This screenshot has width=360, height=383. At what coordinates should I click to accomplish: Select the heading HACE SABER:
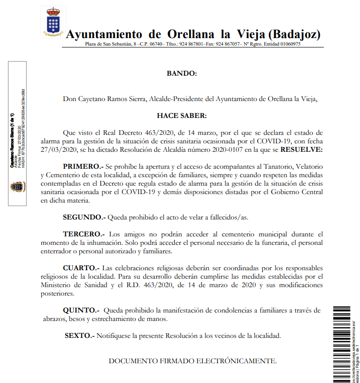pos(182,115)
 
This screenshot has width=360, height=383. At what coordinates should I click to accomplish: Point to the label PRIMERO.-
pos(83,166)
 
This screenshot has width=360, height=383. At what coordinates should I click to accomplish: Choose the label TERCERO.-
pos(84,234)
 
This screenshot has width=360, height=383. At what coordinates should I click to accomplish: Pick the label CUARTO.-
pos(81,268)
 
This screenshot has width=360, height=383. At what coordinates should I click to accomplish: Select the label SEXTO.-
pos(80,336)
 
